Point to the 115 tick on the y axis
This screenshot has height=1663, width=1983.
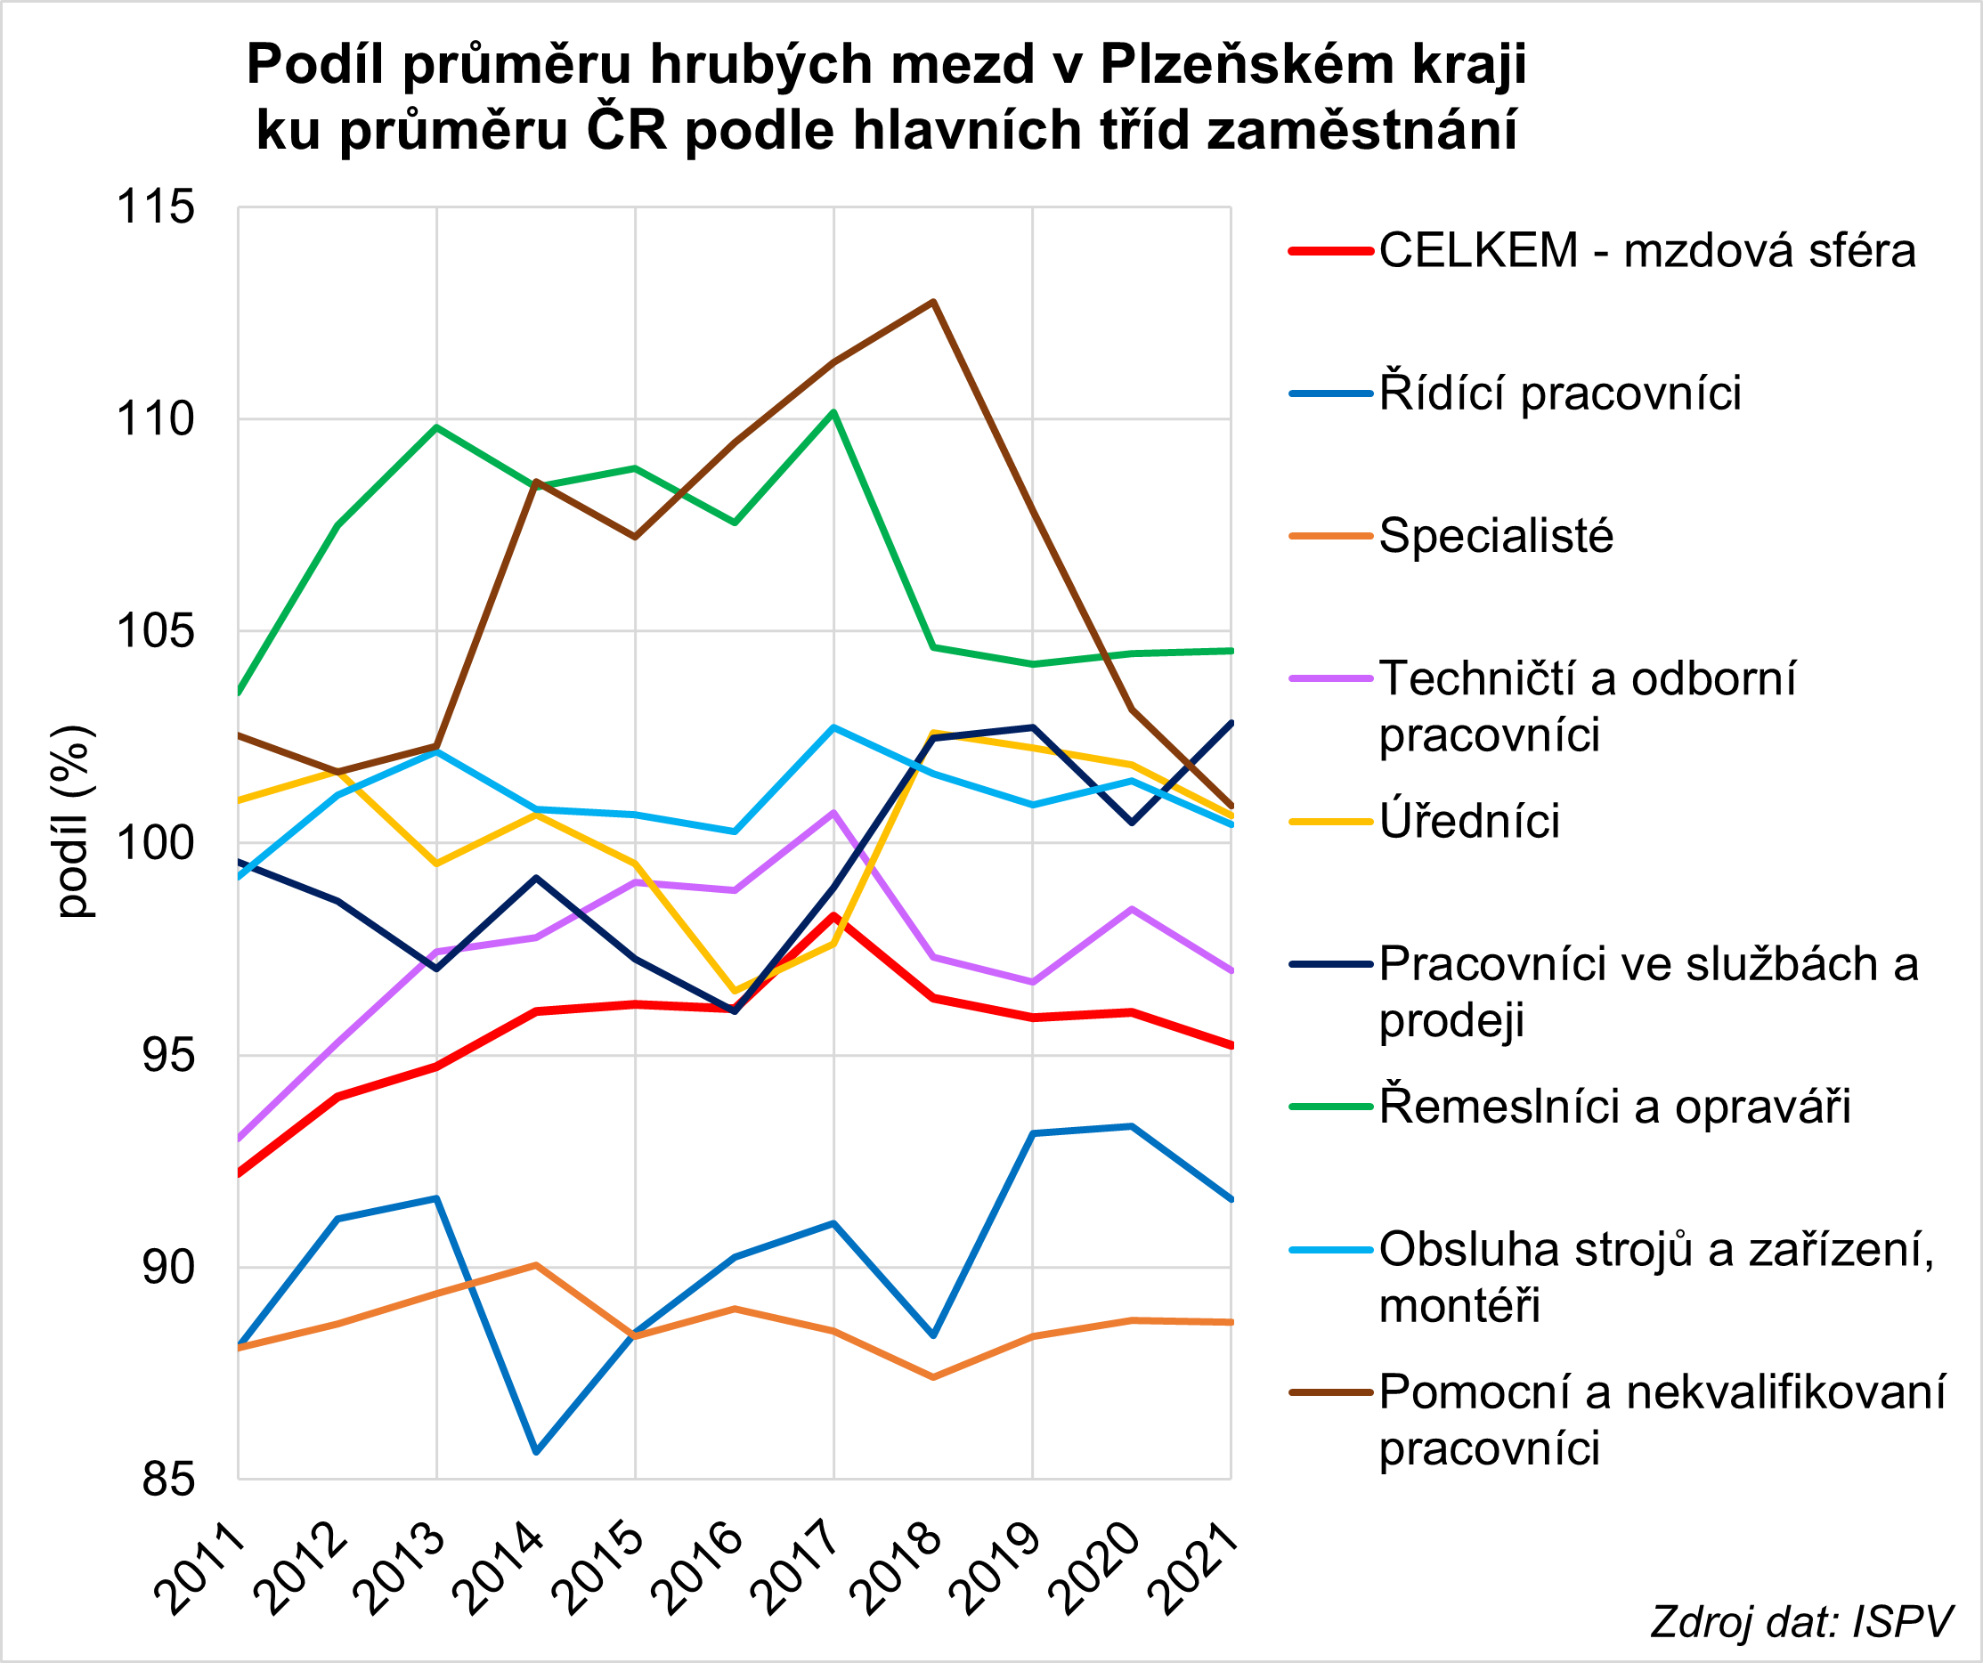pos(155,207)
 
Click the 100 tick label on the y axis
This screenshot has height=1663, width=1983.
pos(155,843)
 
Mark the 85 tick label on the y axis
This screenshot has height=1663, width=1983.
pos(168,1479)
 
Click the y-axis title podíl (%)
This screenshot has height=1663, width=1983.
pos(74,821)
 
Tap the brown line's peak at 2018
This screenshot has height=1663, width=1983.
pos(933,302)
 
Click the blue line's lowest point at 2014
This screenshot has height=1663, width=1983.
pos(536,1450)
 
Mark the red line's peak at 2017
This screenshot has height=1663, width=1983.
pos(833,916)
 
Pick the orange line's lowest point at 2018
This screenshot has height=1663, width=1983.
pos(933,1377)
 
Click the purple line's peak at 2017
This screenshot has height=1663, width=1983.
pos(833,812)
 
